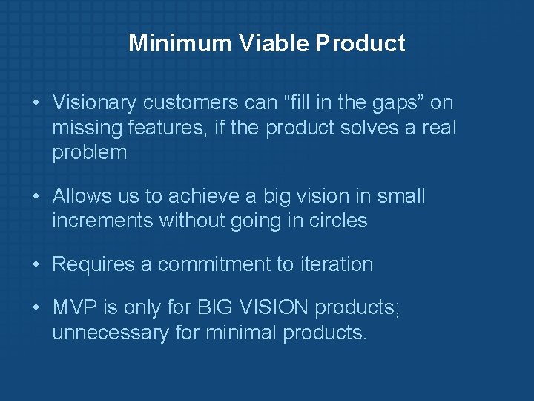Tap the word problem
pyautogui.click(x=90, y=153)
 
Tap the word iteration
pyautogui.click(x=336, y=264)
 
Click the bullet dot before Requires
pyautogui.click(x=36, y=264)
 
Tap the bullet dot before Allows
pyautogui.click(x=36, y=196)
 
